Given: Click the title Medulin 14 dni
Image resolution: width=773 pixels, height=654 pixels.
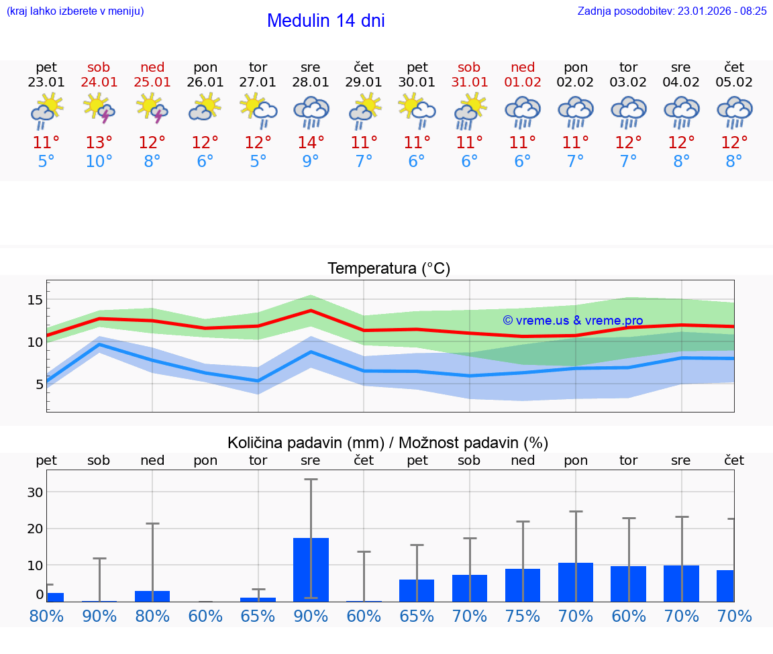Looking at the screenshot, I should (x=325, y=21).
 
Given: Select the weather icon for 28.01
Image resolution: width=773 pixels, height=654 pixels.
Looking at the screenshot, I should (x=311, y=111).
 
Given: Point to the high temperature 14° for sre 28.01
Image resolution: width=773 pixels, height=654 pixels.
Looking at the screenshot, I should (x=311, y=143).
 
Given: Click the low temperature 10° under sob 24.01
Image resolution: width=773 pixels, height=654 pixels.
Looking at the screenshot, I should (x=99, y=162).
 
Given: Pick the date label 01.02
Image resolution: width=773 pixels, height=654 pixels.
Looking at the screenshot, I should (x=523, y=83).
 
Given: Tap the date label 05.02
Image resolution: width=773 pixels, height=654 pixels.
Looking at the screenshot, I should (x=734, y=83).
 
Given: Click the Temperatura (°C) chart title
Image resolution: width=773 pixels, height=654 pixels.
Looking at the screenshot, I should (x=389, y=269).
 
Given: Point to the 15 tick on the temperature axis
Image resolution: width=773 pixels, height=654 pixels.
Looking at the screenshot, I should (x=35, y=300).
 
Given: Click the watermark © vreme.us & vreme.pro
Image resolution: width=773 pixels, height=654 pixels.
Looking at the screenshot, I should (x=572, y=321).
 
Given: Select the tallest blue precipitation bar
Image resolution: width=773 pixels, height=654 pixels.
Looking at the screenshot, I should (x=311, y=569).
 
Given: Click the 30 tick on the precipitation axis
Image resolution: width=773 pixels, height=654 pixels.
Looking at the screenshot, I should (x=35, y=492).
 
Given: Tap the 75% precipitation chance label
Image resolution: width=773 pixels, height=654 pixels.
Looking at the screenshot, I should (x=523, y=616).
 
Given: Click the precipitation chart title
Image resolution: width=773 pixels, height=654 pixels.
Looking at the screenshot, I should (x=388, y=443).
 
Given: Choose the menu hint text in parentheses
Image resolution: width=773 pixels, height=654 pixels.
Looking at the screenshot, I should (x=75, y=11).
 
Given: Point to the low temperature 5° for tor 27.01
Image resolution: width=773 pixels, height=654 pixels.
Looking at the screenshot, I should (x=258, y=162).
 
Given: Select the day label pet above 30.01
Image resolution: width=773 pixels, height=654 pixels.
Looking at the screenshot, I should (x=417, y=67).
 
